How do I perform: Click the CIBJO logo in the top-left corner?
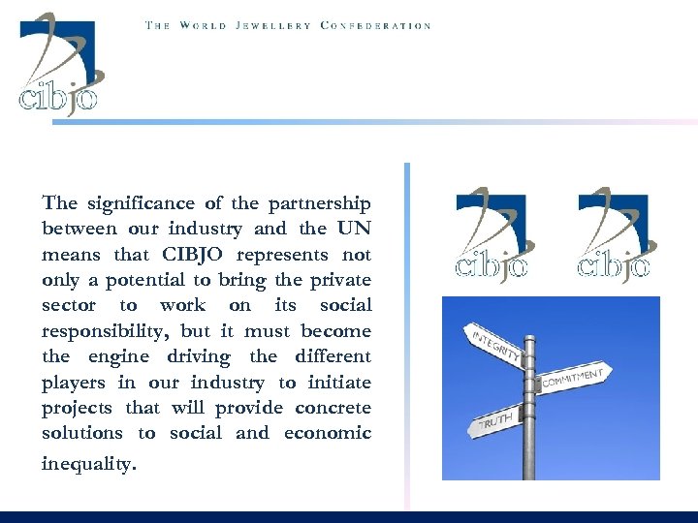[60, 64]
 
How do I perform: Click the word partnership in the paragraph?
[319, 203]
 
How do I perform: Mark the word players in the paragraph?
[73, 383]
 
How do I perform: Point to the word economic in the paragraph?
[328, 433]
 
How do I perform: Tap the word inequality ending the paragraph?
[88, 464]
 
